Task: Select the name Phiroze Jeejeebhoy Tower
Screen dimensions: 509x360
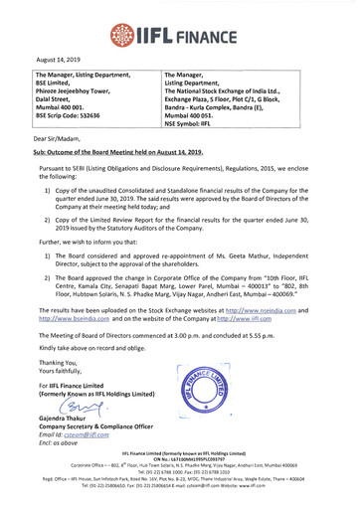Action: (x=80, y=91)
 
